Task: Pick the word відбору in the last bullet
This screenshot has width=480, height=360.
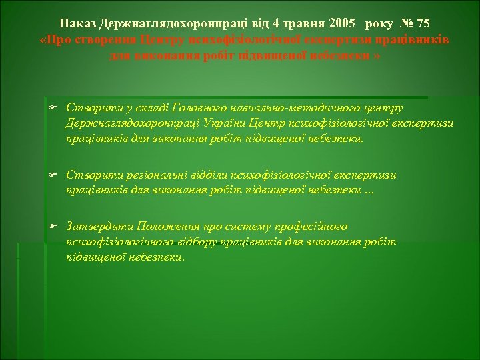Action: (x=198, y=242)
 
